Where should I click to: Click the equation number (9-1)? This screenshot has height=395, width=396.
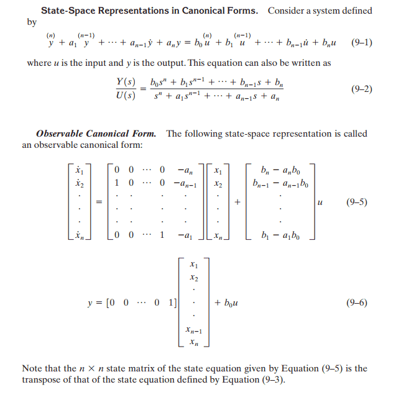[x=362, y=43]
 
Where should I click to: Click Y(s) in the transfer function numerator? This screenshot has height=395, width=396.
[x=126, y=83]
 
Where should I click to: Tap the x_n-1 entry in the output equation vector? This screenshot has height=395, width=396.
[x=196, y=330]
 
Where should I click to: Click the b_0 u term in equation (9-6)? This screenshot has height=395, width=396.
[x=229, y=302]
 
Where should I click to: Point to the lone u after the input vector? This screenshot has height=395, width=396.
[x=320, y=203]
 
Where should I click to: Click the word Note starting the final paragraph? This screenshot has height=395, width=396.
[x=32, y=368]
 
